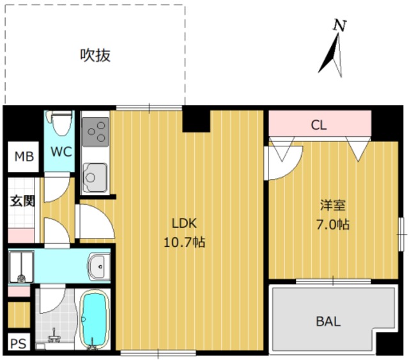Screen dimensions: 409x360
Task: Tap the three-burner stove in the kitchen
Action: [x=95, y=132]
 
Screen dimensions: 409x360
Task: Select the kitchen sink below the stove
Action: [x=95, y=178]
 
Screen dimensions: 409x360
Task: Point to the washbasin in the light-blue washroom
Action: [x=99, y=267]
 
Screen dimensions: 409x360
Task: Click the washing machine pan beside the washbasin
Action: [x=21, y=267]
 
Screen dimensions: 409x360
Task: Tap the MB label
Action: [x=24, y=157]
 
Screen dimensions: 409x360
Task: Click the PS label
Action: [x=19, y=343]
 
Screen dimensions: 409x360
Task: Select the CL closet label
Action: [x=319, y=125]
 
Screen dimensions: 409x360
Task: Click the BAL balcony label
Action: [x=328, y=322]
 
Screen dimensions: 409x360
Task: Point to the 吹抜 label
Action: [x=95, y=56]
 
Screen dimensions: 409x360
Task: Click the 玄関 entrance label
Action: [x=23, y=201]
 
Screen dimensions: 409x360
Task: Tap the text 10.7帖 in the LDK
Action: [x=184, y=242]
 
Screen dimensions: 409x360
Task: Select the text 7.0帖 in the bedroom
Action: [x=332, y=225]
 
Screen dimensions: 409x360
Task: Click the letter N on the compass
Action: [x=340, y=26]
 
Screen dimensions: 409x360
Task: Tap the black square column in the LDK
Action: [x=196, y=120]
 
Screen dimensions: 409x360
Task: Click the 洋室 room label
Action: [x=333, y=205]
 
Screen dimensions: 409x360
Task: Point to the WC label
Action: [x=61, y=152]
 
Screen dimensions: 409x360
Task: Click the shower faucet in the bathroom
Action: [x=54, y=336]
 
